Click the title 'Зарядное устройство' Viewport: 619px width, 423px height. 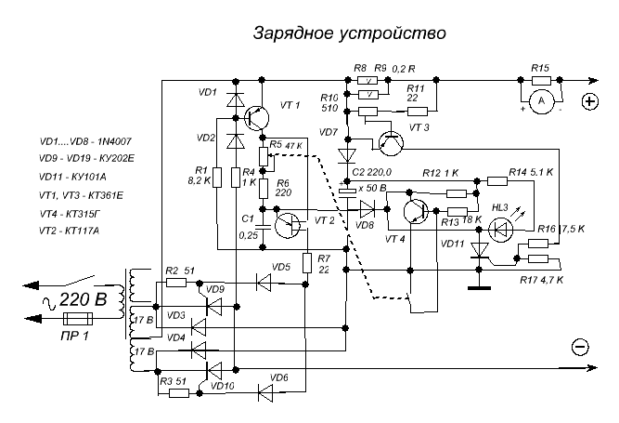point(350,33)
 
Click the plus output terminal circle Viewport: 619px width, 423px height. point(589,102)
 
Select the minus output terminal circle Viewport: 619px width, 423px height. point(580,347)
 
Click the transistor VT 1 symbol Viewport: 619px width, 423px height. point(256,117)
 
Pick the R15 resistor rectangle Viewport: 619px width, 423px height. point(541,79)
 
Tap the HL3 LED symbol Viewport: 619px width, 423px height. point(502,226)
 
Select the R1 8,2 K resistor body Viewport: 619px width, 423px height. point(216,176)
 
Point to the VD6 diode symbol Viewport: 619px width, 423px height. point(265,392)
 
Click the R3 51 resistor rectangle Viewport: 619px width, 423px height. point(178,392)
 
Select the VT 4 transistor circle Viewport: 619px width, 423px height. point(411,212)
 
